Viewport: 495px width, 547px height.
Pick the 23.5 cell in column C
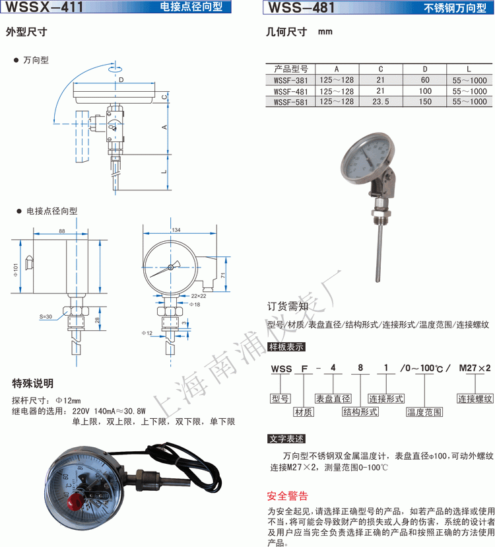[x=380, y=102]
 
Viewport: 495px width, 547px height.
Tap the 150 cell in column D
[x=424, y=102]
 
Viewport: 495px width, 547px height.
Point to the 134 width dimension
[x=176, y=230]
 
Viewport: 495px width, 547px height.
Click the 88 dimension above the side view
[x=61, y=231]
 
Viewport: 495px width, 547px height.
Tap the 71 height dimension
[x=223, y=275]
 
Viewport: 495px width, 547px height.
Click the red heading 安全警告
[x=287, y=496]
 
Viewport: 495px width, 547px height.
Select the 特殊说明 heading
[x=33, y=384]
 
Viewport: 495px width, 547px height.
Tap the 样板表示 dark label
[x=286, y=346]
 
